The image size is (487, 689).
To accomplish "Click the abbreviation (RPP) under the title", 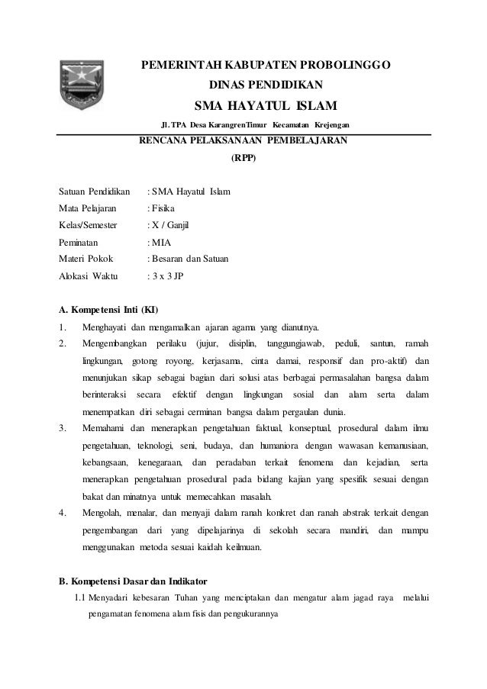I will (x=243, y=159).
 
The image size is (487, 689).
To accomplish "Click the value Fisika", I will (x=163, y=208).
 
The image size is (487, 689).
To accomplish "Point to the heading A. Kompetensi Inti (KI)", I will (x=108, y=311).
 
